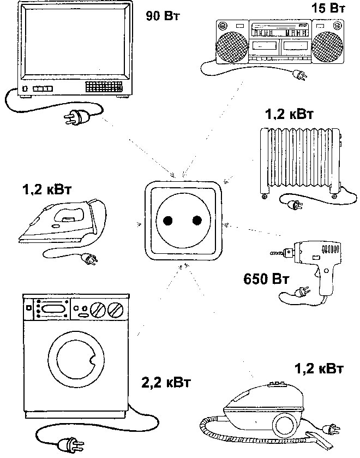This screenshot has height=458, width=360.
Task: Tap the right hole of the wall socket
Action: [196, 221]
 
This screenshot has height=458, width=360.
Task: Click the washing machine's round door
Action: [75, 357]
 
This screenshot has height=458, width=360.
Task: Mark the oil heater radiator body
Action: [297, 161]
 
